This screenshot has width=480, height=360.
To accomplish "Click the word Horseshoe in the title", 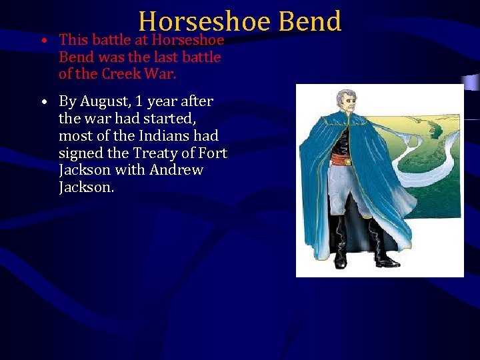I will (x=204, y=21).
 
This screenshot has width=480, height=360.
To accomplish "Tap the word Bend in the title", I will (x=310, y=21).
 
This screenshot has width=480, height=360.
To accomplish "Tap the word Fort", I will (x=214, y=153).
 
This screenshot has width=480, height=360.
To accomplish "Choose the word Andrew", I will (x=176, y=170).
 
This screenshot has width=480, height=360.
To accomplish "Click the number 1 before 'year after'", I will (x=139, y=101).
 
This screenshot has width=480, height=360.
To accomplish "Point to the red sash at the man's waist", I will (x=341, y=159).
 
